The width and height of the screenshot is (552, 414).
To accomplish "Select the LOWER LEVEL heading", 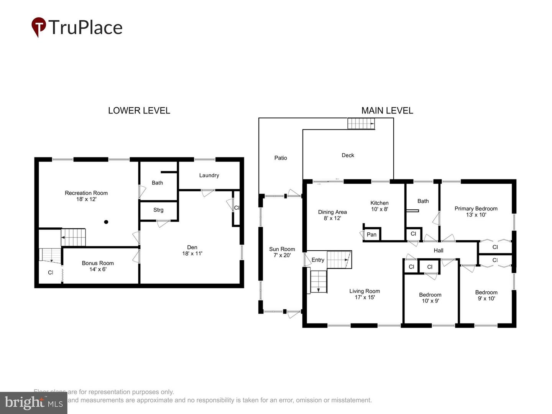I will click(x=139, y=110).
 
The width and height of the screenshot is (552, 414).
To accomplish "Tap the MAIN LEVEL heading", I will click(x=387, y=110).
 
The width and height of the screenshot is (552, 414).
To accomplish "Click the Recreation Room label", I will click(x=86, y=193).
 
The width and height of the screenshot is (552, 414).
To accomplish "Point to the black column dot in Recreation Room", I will click(x=106, y=222).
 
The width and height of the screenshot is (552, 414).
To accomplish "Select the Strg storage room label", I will click(x=158, y=210).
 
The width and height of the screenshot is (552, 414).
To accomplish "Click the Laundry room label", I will click(x=209, y=175).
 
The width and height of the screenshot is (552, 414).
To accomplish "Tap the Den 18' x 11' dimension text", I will click(x=192, y=253).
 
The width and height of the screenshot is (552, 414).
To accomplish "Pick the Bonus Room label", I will click(x=98, y=263).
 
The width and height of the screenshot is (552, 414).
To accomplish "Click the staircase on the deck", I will click(x=361, y=123).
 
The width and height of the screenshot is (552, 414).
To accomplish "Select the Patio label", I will click(x=281, y=158).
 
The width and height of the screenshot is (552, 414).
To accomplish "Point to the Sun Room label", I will click(x=282, y=249).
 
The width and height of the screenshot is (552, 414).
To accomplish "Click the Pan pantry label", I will click(x=371, y=234).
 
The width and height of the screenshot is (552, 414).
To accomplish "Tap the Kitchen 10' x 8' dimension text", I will click(x=379, y=209).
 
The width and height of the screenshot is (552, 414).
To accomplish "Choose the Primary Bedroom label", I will click(x=476, y=209).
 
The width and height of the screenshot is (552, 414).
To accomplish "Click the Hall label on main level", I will click(x=439, y=250).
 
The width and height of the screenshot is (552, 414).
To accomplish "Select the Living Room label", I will click(x=365, y=291).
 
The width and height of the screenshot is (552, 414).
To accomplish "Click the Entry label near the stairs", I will click(x=318, y=260).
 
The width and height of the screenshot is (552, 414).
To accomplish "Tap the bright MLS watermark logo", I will click(x=34, y=403).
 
